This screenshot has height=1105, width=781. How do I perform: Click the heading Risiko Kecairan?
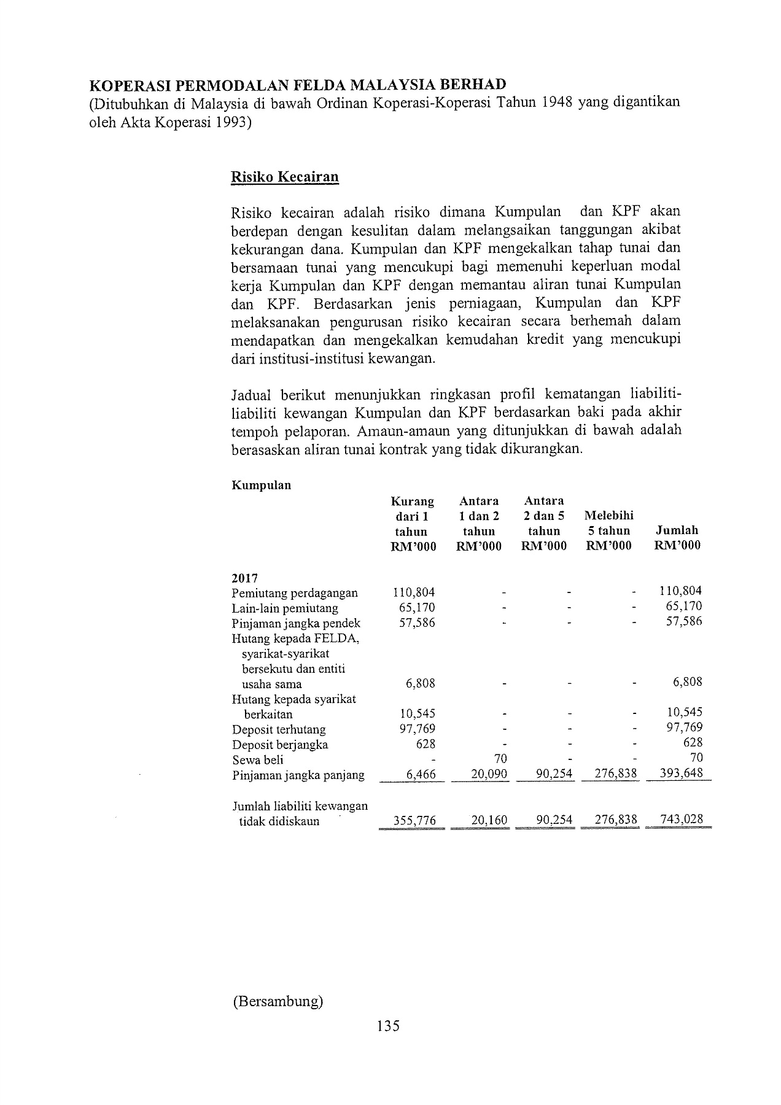click(x=284, y=177)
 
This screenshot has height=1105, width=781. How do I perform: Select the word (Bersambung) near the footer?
click(x=278, y=1002)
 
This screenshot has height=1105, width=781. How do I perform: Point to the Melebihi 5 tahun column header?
click(x=609, y=530)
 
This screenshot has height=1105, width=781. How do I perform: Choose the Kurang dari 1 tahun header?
click(x=413, y=524)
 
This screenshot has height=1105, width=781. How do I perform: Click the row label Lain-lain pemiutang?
click(x=285, y=608)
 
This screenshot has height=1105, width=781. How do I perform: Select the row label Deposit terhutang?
click(x=279, y=730)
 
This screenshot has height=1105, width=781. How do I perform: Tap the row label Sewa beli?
click(x=258, y=760)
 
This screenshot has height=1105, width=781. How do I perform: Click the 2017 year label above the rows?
click(x=244, y=578)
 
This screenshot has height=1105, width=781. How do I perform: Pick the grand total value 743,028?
click(x=681, y=820)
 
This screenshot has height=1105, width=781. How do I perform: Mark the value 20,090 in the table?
click(x=489, y=774)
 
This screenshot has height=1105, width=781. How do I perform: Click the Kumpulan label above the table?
click(x=261, y=486)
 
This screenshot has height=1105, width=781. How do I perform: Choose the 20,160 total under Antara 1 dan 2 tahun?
click(x=489, y=820)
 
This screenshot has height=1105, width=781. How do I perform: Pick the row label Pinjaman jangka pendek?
click(x=296, y=624)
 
